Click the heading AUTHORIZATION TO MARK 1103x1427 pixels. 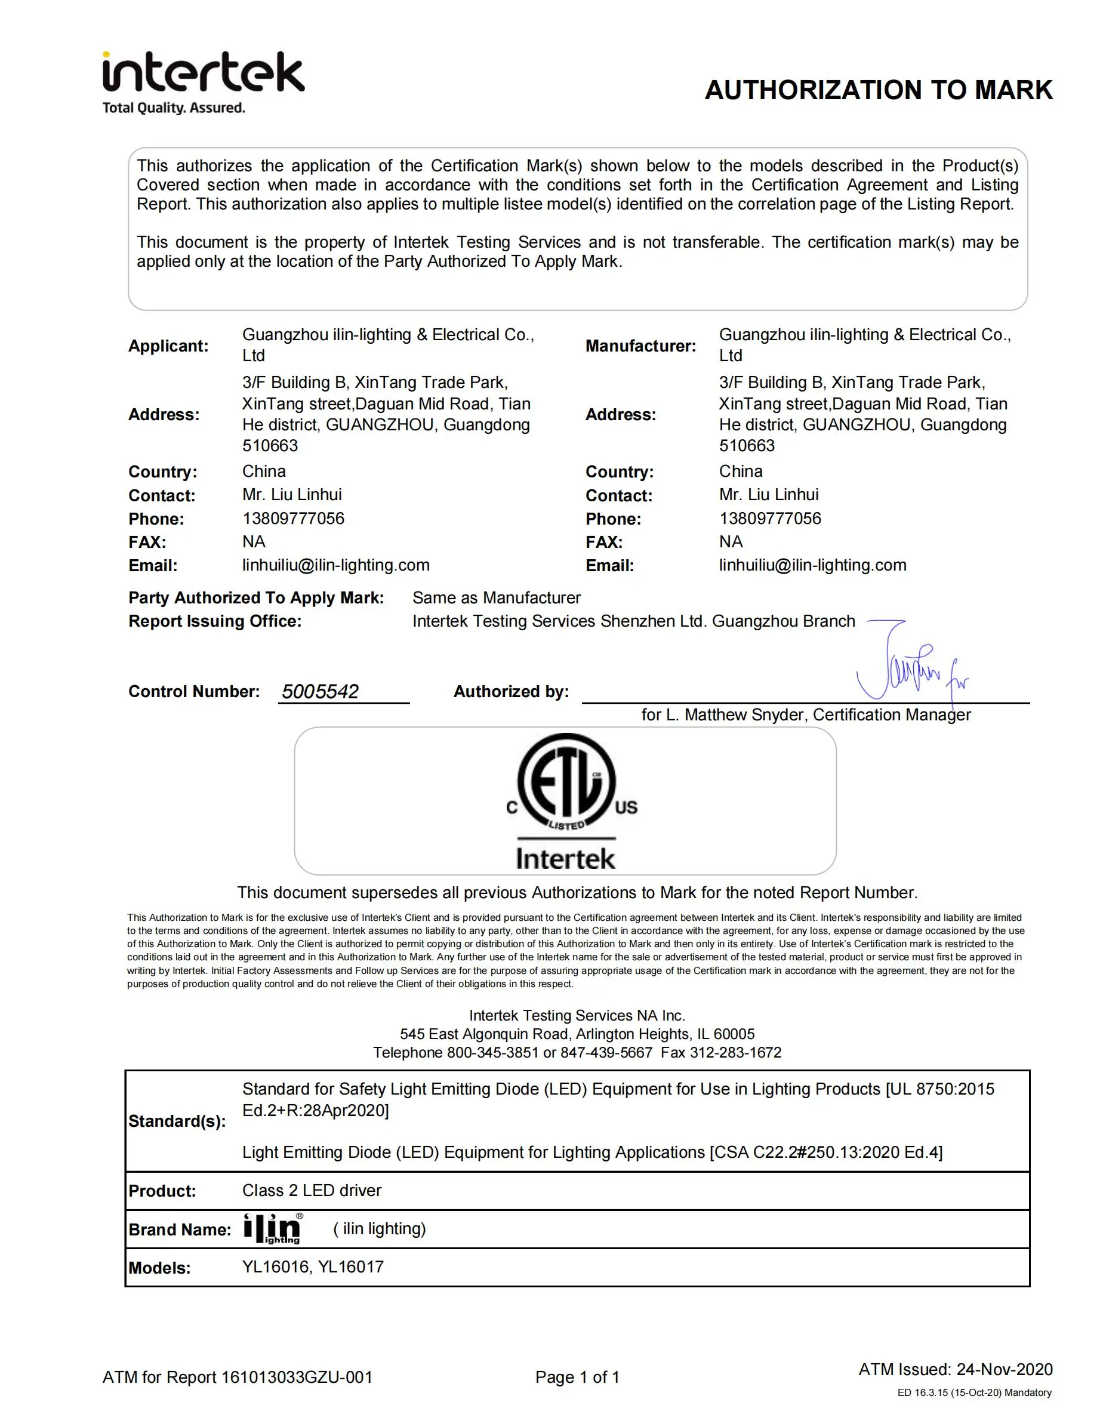[878, 90]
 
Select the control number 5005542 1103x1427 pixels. [320, 691]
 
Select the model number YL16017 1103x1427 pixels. [351, 1267]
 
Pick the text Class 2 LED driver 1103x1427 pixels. [312, 1191]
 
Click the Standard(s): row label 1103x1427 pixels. [177, 1121]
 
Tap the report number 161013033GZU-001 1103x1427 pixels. [297, 1377]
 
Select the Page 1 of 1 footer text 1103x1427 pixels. [577, 1377]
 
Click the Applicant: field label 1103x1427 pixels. [168, 346]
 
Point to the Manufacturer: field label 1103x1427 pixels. [640, 346]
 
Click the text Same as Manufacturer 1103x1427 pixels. [496, 598]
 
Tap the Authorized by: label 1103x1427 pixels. [511, 691]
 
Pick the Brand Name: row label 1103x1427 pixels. [180, 1229]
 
